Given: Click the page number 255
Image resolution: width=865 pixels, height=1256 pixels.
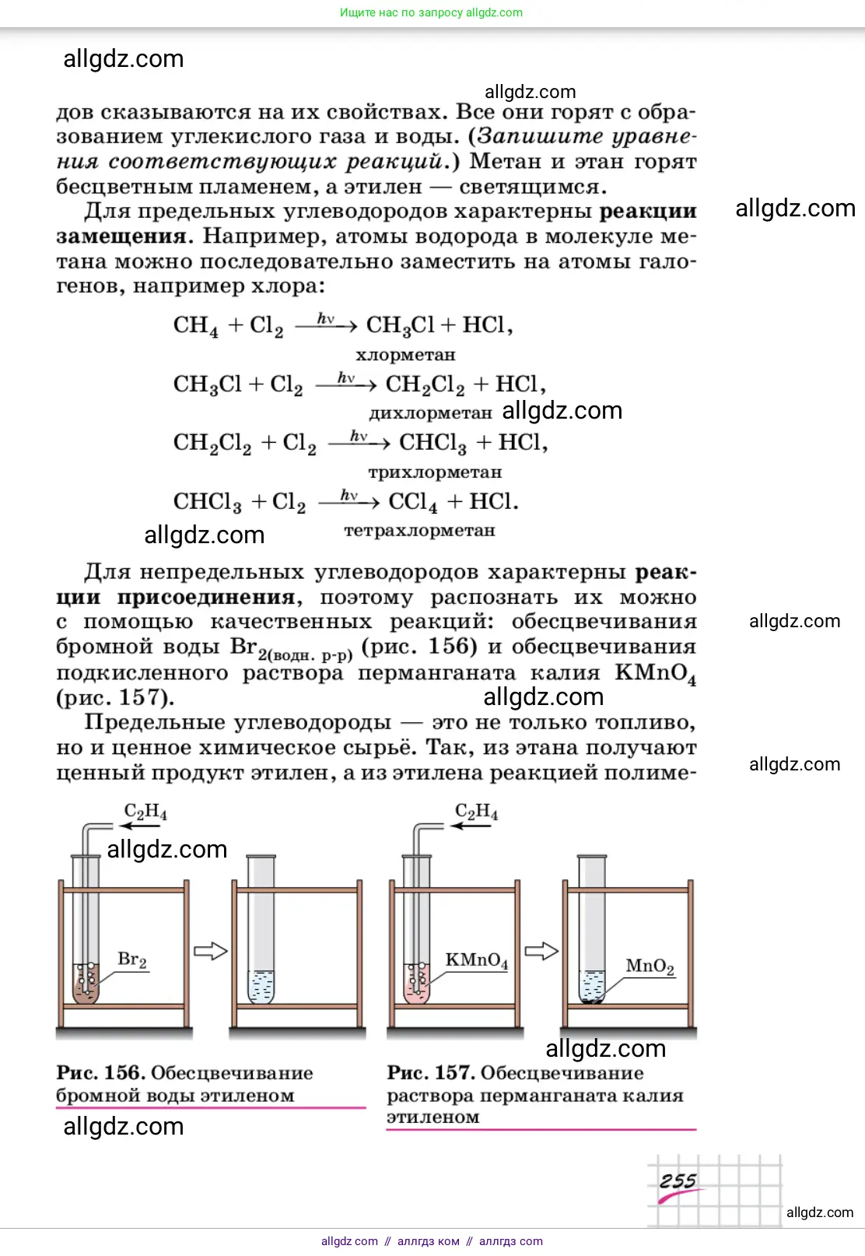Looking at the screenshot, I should (x=678, y=1181).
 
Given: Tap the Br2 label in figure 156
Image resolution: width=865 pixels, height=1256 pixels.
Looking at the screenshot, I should (x=131, y=960).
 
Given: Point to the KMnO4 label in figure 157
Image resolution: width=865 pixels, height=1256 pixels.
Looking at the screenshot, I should (x=476, y=960).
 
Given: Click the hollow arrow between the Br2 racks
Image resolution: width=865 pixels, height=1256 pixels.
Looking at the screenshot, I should (x=210, y=950).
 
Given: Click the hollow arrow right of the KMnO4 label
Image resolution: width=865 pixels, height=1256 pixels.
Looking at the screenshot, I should (x=541, y=951).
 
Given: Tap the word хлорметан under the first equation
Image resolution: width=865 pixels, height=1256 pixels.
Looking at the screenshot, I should (x=405, y=355).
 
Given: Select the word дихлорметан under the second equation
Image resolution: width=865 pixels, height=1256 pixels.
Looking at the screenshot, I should (x=430, y=412).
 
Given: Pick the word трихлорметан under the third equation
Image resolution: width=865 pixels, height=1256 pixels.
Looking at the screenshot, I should (x=435, y=472).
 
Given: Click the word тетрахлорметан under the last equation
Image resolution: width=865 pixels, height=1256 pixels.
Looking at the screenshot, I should (x=419, y=531).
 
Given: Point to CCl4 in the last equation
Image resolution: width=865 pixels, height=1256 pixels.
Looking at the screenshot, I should (x=412, y=502).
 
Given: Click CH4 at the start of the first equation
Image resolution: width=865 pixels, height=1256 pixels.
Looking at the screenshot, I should (x=195, y=325).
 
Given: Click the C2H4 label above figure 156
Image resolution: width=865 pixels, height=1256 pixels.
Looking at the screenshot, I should (x=145, y=812).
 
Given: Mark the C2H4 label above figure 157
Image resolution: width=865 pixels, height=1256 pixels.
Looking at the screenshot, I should (x=476, y=812).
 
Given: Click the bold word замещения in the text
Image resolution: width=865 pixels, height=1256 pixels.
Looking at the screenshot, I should (x=121, y=237).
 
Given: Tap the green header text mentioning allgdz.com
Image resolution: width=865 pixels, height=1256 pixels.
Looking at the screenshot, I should (x=431, y=12).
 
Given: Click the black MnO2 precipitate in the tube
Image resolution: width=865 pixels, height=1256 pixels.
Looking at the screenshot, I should (x=592, y=1001).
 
